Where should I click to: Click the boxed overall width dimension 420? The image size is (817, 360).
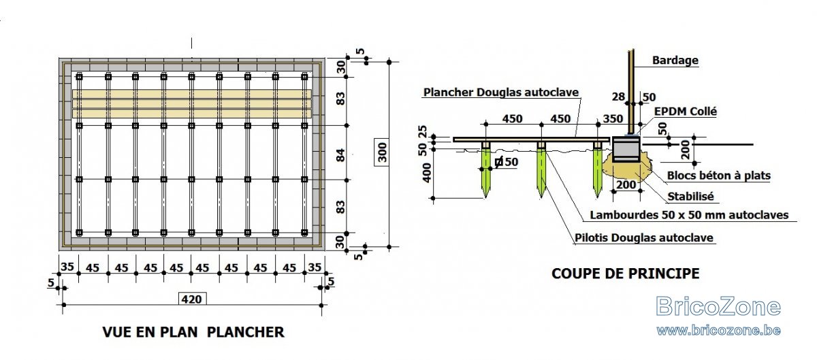[x=192, y=299]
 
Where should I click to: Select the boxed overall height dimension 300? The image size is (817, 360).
[x=381, y=152]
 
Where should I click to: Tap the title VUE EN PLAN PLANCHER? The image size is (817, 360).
[x=193, y=332]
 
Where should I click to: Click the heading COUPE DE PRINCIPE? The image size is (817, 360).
[x=626, y=273]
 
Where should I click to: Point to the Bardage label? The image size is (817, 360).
[x=675, y=60]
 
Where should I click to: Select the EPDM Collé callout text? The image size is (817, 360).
[x=686, y=111]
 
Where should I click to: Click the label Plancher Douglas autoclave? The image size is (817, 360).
[x=501, y=92]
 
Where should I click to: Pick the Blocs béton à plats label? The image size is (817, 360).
[x=719, y=176]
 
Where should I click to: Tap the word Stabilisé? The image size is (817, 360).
[x=690, y=197]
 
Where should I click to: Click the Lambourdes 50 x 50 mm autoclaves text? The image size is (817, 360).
[x=689, y=215]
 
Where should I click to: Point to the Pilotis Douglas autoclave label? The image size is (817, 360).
[x=644, y=238]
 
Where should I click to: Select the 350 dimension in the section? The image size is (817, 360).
[x=613, y=118]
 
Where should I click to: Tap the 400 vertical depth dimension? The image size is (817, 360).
[x=427, y=172]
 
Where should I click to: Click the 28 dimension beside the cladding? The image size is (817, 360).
[x=619, y=97]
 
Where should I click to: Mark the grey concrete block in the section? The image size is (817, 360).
[x=626, y=149]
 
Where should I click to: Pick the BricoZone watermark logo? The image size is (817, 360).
[x=718, y=306]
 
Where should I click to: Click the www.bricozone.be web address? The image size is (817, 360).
[x=718, y=331]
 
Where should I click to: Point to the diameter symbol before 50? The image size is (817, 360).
[x=499, y=161]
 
